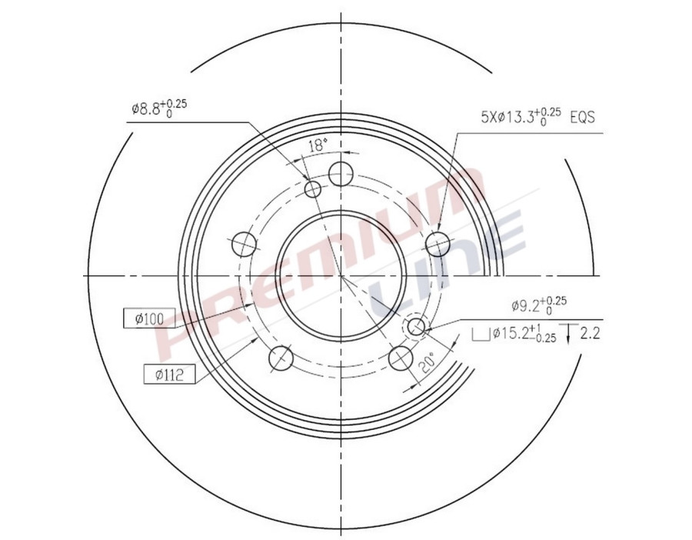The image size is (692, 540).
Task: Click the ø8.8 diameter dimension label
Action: coord(158,108)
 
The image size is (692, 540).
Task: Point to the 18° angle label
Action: coord(318,144)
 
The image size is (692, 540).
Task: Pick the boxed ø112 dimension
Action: coord(168,375)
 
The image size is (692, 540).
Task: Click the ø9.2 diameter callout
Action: coord(538,305)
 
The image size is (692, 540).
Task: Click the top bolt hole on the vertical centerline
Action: coord(341,173)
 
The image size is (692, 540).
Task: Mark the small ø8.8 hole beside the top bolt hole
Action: coord(313,189)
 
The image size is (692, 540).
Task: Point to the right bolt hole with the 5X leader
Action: coord(437,244)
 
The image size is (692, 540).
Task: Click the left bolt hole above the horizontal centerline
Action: coord(244,244)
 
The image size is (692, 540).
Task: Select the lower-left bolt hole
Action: coord(281,358)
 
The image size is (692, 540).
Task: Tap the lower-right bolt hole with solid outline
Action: coord(401,358)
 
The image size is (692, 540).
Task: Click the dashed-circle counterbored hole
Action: coord(417,328)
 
